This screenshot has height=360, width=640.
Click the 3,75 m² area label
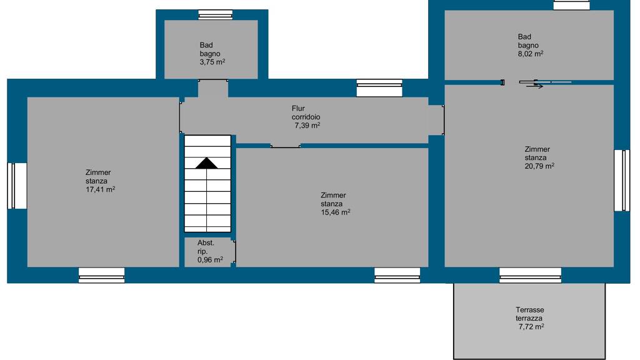(x=212, y=62)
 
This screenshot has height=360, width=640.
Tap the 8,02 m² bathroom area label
(x=531, y=54)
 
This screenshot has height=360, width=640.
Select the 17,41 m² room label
(x=101, y=189)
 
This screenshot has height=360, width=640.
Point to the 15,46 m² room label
(x=336, y=212)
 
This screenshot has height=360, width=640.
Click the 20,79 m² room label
(x=539, y=166)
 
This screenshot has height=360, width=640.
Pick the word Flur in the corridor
(x=298, y=109)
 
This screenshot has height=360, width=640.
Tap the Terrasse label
(x=530, y=310)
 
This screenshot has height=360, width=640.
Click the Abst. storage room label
(x=206, y=243)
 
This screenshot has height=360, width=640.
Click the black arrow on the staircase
(x=206, y=163)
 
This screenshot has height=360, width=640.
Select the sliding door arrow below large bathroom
(x=535, y=86)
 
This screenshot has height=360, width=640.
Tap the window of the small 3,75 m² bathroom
(x=216, y=15)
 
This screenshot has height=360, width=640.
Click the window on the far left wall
(x=17, y=186)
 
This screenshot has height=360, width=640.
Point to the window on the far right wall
(x=622, y=181)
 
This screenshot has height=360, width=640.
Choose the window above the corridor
(x=379, y=87)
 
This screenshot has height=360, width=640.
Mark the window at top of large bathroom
(x=571, y=5)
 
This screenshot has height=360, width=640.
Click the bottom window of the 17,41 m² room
(x=102, y=275)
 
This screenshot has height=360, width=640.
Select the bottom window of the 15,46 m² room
(x=397, y=275)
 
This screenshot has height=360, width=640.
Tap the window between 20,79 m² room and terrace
(x=530, y=275)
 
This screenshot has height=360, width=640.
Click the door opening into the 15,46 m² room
(x=285, y=146)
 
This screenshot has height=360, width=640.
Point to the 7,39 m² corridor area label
(x=307, y=126)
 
